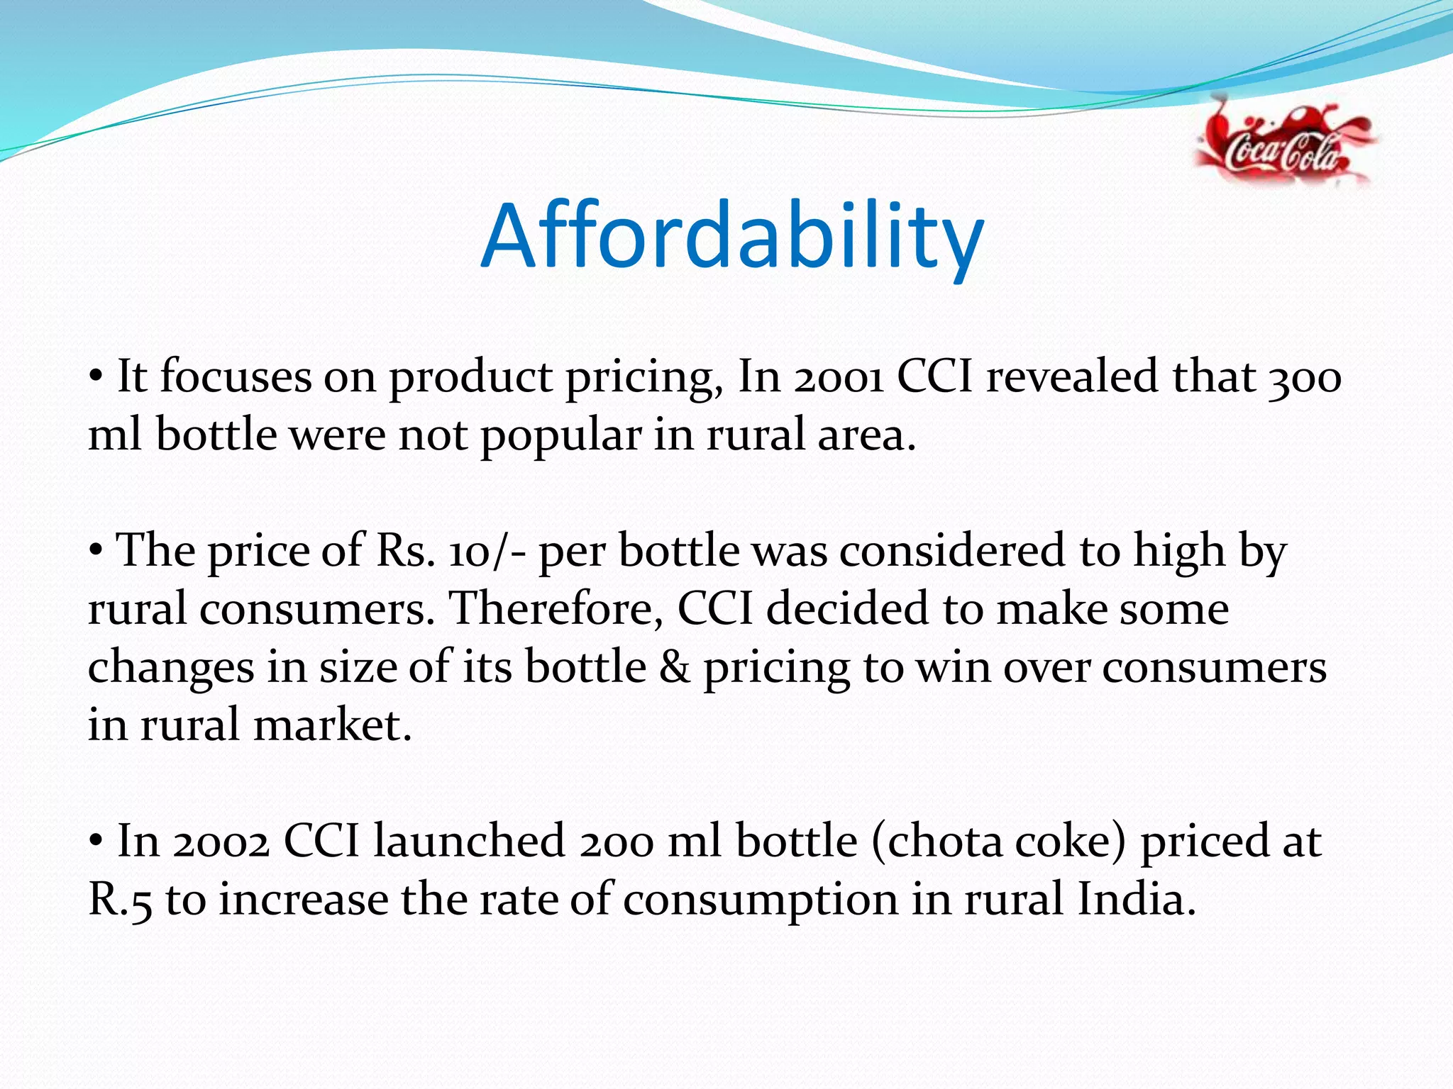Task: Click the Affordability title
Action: (731, 238)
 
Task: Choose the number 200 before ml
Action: (615, 842)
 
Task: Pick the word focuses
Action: (236, 377)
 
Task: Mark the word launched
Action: (468, 842)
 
